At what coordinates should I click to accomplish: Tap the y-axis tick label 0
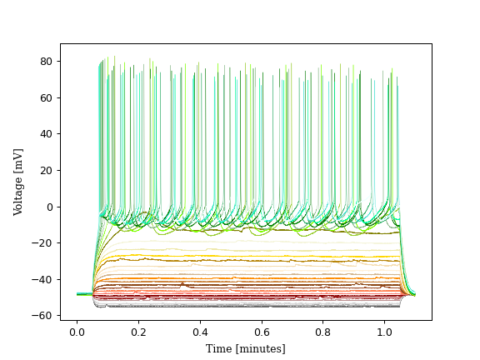(x=50, y=207)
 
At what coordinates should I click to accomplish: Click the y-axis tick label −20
(x=44, y=243)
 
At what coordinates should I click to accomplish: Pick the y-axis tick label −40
(x=44, y=279)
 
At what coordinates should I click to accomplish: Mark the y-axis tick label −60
(x=44, y=316)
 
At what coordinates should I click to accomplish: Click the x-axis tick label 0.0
(x=77, y=332)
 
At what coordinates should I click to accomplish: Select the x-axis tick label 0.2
(x=138, y=332)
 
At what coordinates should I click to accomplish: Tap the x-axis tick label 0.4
(x=200, y=332)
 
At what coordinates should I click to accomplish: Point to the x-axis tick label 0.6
(x=262, y=332)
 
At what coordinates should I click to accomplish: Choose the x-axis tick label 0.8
(x=323, y=332)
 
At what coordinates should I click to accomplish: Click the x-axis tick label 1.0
(x=384, y=332)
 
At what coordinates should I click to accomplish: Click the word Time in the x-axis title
(x=219, y=348)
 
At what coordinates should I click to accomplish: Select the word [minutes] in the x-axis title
(x=261, y=348)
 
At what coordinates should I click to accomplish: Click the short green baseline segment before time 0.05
(x=83, y=294)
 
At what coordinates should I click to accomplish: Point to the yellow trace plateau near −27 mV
(x=250, y=256)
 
